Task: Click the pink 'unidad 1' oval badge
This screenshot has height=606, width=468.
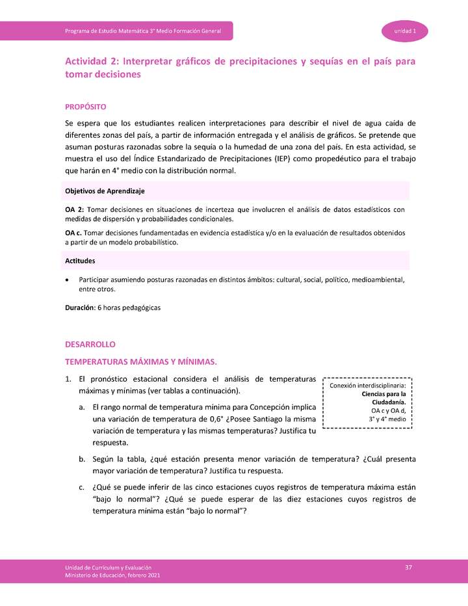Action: (x=405, y=31)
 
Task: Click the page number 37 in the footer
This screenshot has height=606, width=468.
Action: (x=409, y=568)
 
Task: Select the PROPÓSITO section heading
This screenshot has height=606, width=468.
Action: (x=86, y=106)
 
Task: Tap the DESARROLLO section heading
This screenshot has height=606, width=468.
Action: (x=89, y=344)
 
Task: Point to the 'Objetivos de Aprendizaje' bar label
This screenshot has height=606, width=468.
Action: (x=105, y=191)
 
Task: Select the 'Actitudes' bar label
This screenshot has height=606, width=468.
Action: (x=80, y=261)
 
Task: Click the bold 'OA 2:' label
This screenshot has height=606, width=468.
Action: (x=75, y=209)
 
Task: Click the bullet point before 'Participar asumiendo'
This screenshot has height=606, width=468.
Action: (x=68, y=280)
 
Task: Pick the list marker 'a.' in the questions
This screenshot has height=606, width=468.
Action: (x=83, y=407)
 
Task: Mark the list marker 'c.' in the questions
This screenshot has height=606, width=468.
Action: (x=82, y=486)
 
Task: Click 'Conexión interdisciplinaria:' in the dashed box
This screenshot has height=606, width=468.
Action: (x=368, y=386)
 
